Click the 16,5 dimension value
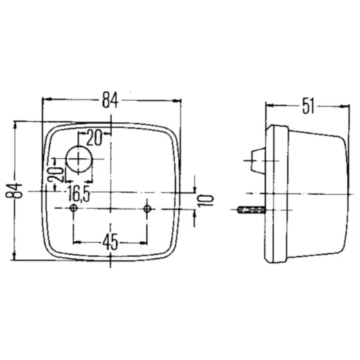point(76,192)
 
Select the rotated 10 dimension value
point(202,201)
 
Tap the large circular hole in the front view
point(80,160)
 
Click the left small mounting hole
point(73,208)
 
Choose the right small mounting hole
point(147,208)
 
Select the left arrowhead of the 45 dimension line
point(76,242)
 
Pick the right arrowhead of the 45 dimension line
point(145,242)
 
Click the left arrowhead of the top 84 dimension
point(46,100)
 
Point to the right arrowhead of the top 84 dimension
point(182,100)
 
